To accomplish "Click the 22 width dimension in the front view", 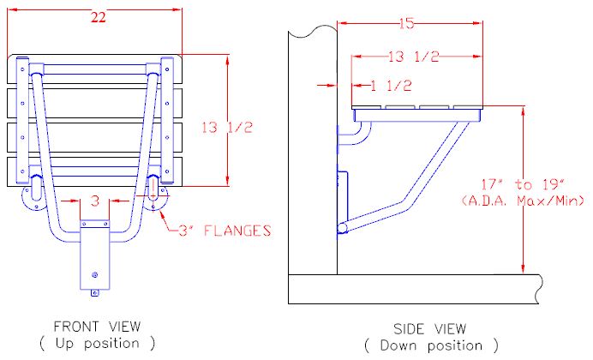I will (x=98, y=19).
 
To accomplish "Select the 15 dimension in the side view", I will (x=407, y=25).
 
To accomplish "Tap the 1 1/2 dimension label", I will (x=392, y=85).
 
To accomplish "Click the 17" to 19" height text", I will (x=526, y=184).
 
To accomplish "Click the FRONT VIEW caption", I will (x=96, y=327).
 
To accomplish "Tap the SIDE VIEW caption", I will (x=430, y=328).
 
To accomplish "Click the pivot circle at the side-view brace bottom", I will (x=342, y=228).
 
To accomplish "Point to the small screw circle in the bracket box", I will (x=94, y=274).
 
